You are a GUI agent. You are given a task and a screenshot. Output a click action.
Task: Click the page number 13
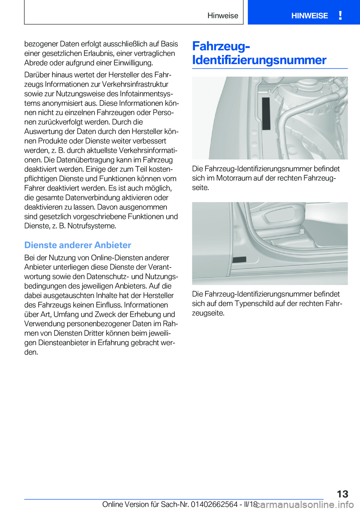coord(342,494)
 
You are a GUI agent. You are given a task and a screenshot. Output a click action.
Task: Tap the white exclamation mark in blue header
coord(340,15)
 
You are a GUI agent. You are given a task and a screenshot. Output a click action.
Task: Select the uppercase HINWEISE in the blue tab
coord(309,16)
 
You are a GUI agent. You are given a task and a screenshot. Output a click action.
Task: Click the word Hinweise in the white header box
coord(223,16)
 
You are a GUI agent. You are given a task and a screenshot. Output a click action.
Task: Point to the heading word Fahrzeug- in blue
coord(221,46)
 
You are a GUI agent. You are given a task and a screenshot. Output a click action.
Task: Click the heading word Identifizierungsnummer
coord(259,60)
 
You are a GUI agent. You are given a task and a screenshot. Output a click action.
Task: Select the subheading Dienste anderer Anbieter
coord(78,245)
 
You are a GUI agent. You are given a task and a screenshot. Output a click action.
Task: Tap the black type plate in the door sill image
coord(239,260)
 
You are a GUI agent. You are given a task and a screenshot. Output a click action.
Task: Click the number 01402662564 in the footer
coord(214,505)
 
